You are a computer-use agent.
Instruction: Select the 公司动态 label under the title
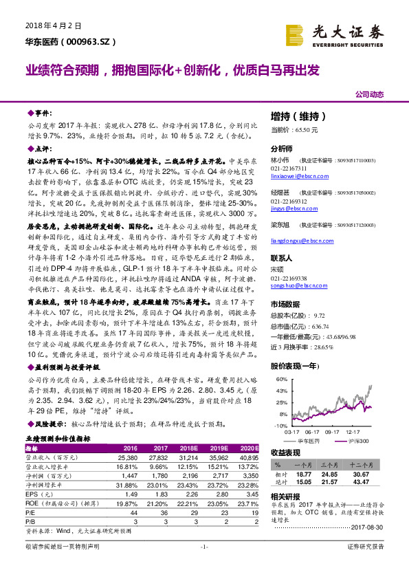(368, 94)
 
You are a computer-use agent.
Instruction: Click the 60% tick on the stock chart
(280, 379)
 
